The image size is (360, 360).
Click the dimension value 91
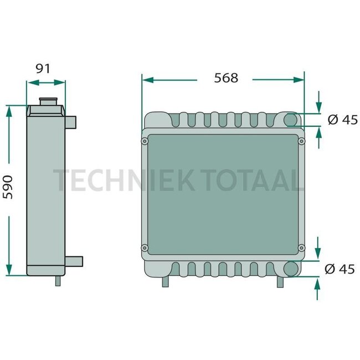(43, 69)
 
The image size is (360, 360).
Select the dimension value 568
(226, 78)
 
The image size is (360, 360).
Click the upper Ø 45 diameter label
(342, 120)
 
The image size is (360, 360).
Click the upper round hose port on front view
(291, 120)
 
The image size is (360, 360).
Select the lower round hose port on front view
(290, 269)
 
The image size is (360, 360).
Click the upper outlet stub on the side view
(72, 120)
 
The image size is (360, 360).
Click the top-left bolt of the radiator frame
(145, 142)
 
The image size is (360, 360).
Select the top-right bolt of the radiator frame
(302, 142)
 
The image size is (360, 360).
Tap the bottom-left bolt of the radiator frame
(145, 247)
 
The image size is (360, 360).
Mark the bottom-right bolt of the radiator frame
(302, 247)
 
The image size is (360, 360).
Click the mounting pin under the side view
(58, 280)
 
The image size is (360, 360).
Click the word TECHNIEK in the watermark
(118, 181)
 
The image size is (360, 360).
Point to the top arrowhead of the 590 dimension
(8, 109)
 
